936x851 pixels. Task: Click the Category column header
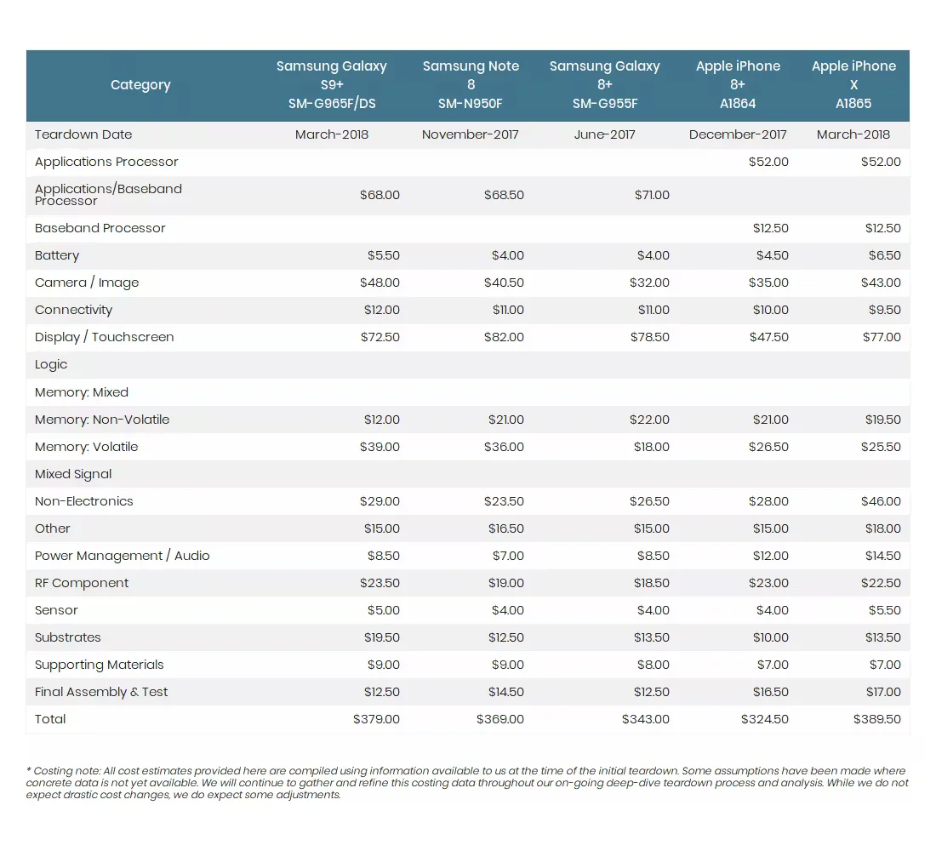click(x=140, y=85)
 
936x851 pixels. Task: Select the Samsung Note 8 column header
click(x=471, y=85)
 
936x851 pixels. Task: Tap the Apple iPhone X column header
click(x=853, y=85)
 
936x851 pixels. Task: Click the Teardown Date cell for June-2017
click(x=604, y=134)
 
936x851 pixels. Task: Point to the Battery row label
click(x=57, y=255)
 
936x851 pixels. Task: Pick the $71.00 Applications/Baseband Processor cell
click(x=652, y=195)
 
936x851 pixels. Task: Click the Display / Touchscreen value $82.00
click(x=505, y=337)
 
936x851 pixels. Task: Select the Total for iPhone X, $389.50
click(x=876, y=719)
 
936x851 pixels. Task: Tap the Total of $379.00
click(x=376, y=719)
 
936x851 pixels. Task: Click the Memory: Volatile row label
click(x=86, y=447)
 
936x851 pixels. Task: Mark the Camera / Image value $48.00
click(x=379, y=283)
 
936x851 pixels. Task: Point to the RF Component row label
click(x=82, y=583)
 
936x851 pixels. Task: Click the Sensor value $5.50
click(x=884, y=610)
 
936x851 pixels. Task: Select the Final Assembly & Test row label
click(x=101, y=692)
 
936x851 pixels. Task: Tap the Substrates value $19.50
click(x=380, y=637)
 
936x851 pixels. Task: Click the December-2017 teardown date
click(x=738, y=134)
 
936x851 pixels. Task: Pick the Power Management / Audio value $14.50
click(x=882, y=556)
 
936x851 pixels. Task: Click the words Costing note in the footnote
click(x=62, y=771)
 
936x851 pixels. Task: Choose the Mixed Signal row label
click(x=73, y=474)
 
